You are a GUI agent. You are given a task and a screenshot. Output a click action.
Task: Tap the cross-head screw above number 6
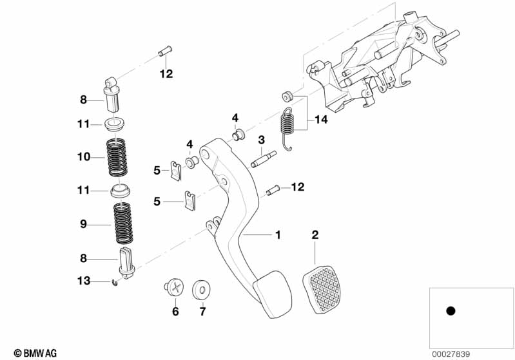click(x=175, y=288)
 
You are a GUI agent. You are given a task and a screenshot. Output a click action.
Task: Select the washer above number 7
click(x=201, y=289)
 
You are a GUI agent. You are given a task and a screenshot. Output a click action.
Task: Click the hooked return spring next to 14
click(x=287, y=129)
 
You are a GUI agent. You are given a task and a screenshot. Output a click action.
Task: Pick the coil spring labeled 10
click(x=117, y=156)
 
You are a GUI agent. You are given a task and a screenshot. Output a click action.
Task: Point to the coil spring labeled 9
click(x=123, y=223)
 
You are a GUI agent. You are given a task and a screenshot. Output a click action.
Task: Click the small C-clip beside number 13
click(x=115, y=282)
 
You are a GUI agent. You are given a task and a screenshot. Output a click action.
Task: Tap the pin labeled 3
click(x=264, y=159)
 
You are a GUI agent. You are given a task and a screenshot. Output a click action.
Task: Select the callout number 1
click(x=278, y=235)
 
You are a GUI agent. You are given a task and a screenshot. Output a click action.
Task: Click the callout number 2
click(x=315, y=234)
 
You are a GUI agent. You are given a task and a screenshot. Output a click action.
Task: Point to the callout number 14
click(x=321, y=119)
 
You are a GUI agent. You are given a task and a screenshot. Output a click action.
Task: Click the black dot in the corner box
click(x=451, y=310)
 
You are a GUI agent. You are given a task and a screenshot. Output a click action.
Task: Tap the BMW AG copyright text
click(x=35, y=353)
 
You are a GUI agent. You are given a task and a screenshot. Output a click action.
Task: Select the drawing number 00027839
click(x=451, y=354)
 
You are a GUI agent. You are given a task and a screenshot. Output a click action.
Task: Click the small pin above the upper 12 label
click(x=165, y=51)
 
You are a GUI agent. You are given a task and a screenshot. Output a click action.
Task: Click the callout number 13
click(x=83, y=281)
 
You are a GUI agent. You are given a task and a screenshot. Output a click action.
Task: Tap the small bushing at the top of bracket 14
click(x=287, y=96)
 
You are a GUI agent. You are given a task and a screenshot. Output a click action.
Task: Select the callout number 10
click(x=83, y=157)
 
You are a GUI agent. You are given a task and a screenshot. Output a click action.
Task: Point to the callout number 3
click(x=261, y=140)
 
